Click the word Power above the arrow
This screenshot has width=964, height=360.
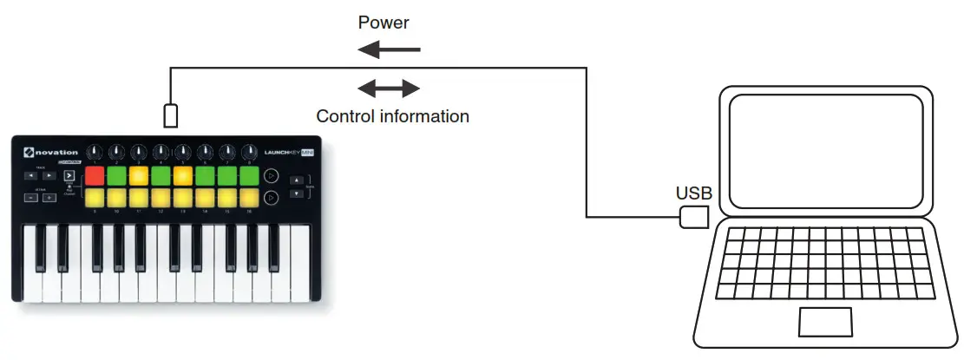pos(383,23)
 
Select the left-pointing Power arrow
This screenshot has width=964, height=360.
pos(390,50)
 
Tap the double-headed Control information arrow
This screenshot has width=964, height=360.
pos(390,88)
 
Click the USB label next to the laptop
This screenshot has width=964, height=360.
pos(693,193)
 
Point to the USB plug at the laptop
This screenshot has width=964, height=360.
pos(693,217)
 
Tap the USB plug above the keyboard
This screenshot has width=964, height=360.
pos(171,115)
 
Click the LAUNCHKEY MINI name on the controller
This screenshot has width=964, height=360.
pos(287,153)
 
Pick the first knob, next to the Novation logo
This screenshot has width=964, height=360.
pos(94,153)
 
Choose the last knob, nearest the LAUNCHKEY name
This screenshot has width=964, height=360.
pos(249,153)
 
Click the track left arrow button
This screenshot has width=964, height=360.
pos(30,175)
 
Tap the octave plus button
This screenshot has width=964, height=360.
pos(49,198)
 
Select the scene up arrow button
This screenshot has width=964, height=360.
pos(297,180)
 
